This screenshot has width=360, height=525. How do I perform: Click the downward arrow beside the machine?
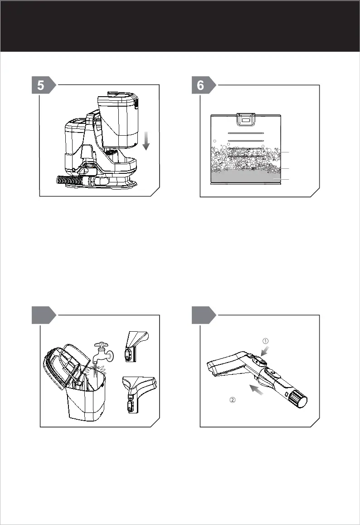(146, 141)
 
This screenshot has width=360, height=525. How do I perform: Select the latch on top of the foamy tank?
(246, 119)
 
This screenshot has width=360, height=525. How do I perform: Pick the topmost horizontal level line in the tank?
(246, 133)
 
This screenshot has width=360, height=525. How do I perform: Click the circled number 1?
(265, 341)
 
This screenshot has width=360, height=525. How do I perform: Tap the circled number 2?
(233, 399)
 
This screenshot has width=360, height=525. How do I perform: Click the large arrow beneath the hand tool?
(256, 390)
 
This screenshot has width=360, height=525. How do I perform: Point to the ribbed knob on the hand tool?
(298, 399)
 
